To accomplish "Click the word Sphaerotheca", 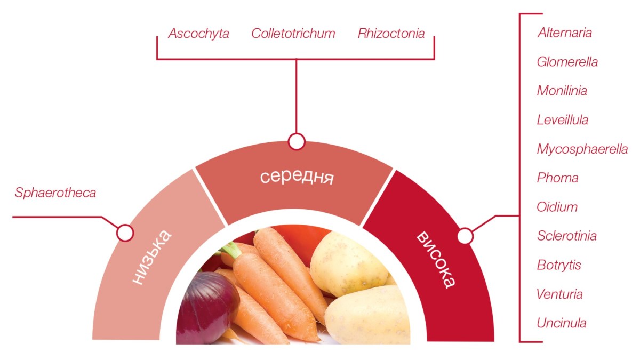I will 55,193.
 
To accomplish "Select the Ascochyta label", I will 198,34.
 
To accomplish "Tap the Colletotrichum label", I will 293,34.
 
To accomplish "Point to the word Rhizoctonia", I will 391,34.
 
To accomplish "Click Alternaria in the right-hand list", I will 564,33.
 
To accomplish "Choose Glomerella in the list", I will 567,62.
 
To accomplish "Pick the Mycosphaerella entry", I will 582,149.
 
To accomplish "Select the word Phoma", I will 557,178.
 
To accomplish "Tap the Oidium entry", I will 557,207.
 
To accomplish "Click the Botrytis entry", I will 559,265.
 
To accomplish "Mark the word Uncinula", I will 562,323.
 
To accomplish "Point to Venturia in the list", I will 560,294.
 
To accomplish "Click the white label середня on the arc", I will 297,176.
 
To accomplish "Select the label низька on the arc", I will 151,257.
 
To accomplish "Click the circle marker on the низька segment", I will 125,233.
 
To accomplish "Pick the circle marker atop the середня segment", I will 296,142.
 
